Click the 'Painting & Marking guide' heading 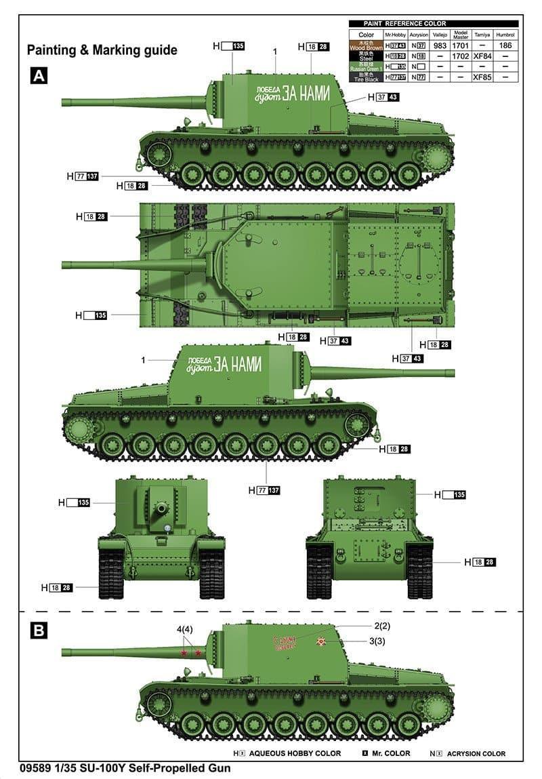click(x=102, y=50)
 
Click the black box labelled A click(x=39, y=76)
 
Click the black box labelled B click(x=39, y=630)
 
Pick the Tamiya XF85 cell click(x=482, y=77)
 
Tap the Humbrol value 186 click(x=505, y=46)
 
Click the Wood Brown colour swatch click(x=366, y=46)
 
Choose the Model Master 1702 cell click(x=461, y=56)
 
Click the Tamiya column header click(x=482, y=35)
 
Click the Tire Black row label click(x=366, y=77)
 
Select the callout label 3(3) click(x=377, y=641)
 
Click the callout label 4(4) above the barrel click(x=185, y=629)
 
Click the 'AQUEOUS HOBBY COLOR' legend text click(x=295, y=753)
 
